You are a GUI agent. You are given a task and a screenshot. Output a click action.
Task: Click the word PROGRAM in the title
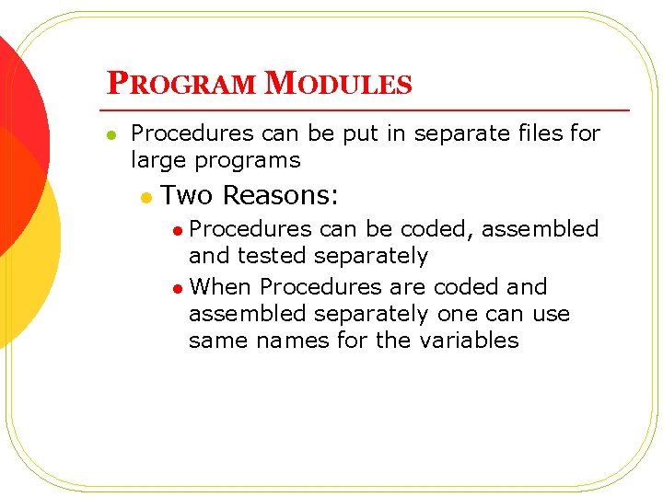click(181, 85)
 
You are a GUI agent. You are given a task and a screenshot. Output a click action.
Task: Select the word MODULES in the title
click(338, 85)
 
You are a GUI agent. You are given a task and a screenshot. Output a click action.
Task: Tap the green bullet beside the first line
click(110, 135)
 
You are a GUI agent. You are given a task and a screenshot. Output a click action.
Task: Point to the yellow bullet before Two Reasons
click(145, 197)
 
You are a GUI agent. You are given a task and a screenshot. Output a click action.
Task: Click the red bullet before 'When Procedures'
click(177, 289)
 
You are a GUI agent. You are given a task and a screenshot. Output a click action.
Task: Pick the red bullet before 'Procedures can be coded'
click(177, 231)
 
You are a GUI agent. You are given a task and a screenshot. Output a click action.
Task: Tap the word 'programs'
click(254, 161)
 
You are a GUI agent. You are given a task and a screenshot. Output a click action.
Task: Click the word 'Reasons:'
click(281, 195)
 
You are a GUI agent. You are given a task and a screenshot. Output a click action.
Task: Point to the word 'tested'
click(275, 256)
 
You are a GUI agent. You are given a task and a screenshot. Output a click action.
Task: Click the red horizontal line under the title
click(368, 110)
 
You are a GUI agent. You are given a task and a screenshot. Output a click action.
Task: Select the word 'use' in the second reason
click(551, 314)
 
